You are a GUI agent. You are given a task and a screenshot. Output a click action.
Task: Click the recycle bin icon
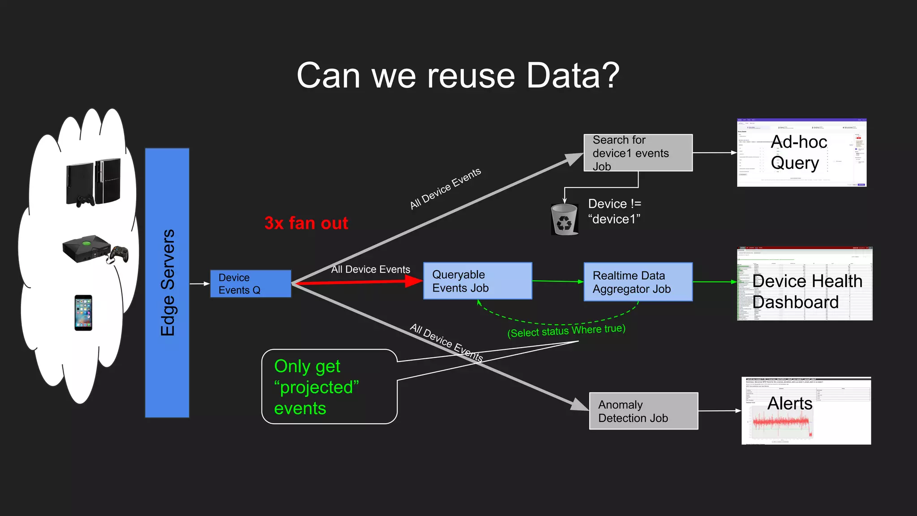[564, 219]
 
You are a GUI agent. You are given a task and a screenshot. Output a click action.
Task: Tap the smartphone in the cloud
[83, 313]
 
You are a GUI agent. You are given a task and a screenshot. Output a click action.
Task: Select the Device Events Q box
[251, 284]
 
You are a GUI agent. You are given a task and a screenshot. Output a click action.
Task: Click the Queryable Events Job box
[478, 281]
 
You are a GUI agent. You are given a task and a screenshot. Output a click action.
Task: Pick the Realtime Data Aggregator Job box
[638, 282]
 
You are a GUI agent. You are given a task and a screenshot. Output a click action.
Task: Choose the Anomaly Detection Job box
[643, 411]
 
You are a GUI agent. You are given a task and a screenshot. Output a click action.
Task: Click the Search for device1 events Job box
[638, 153]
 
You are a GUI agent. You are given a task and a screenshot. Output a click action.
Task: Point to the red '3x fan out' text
[306, 223]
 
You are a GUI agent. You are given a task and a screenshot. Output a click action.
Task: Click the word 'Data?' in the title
[573, 75]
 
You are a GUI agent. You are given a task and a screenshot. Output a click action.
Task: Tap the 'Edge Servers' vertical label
[167, 283]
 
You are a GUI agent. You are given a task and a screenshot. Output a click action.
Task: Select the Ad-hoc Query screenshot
[801, 153]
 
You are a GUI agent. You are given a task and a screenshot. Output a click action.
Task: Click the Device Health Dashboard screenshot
[805, 284]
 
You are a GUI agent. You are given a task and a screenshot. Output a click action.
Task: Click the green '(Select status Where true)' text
[566, 331]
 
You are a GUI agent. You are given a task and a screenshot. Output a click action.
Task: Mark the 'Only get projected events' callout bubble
[329, 387]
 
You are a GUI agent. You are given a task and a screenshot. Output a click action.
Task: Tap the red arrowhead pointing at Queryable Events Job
[413, 281]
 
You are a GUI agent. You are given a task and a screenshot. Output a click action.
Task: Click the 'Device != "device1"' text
[614, 211]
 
